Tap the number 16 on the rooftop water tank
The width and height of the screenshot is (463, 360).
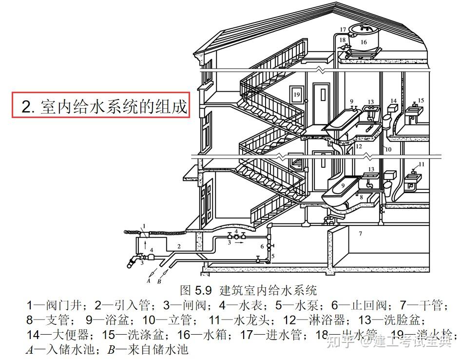(x=364, y=42)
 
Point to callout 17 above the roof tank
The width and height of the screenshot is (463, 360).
(x=343, y=30)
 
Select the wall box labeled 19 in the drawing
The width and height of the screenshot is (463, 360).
(x=296, y=94)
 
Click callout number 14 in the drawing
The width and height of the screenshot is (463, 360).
(x=393, y=101)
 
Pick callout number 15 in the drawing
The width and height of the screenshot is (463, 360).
(x=421, y=100)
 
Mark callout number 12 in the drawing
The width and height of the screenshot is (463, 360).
(x=359, y=146)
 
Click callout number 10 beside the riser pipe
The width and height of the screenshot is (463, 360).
(x=388, y=148)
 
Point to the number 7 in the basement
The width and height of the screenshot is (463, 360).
(x=361, y=234)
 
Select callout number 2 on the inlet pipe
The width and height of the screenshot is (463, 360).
(x=179, y=247)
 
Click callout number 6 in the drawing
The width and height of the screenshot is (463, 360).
(x=261, y=246)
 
